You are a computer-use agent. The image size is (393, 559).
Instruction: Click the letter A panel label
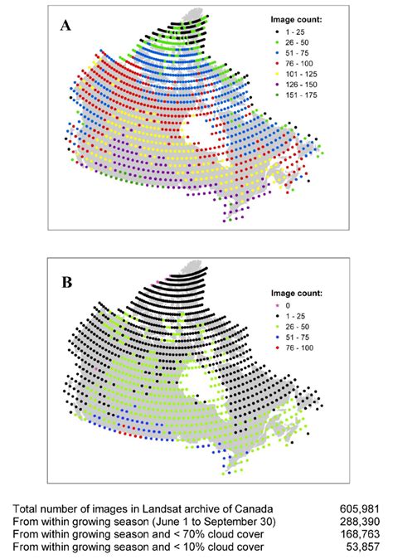click(64, 26)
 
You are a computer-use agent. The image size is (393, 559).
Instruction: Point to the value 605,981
click(361, 508)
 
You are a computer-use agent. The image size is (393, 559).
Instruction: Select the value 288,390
click(361, 522)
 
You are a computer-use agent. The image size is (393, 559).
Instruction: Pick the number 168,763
click(361, 535)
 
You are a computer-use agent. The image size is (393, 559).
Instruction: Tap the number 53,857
click(365, 548)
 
